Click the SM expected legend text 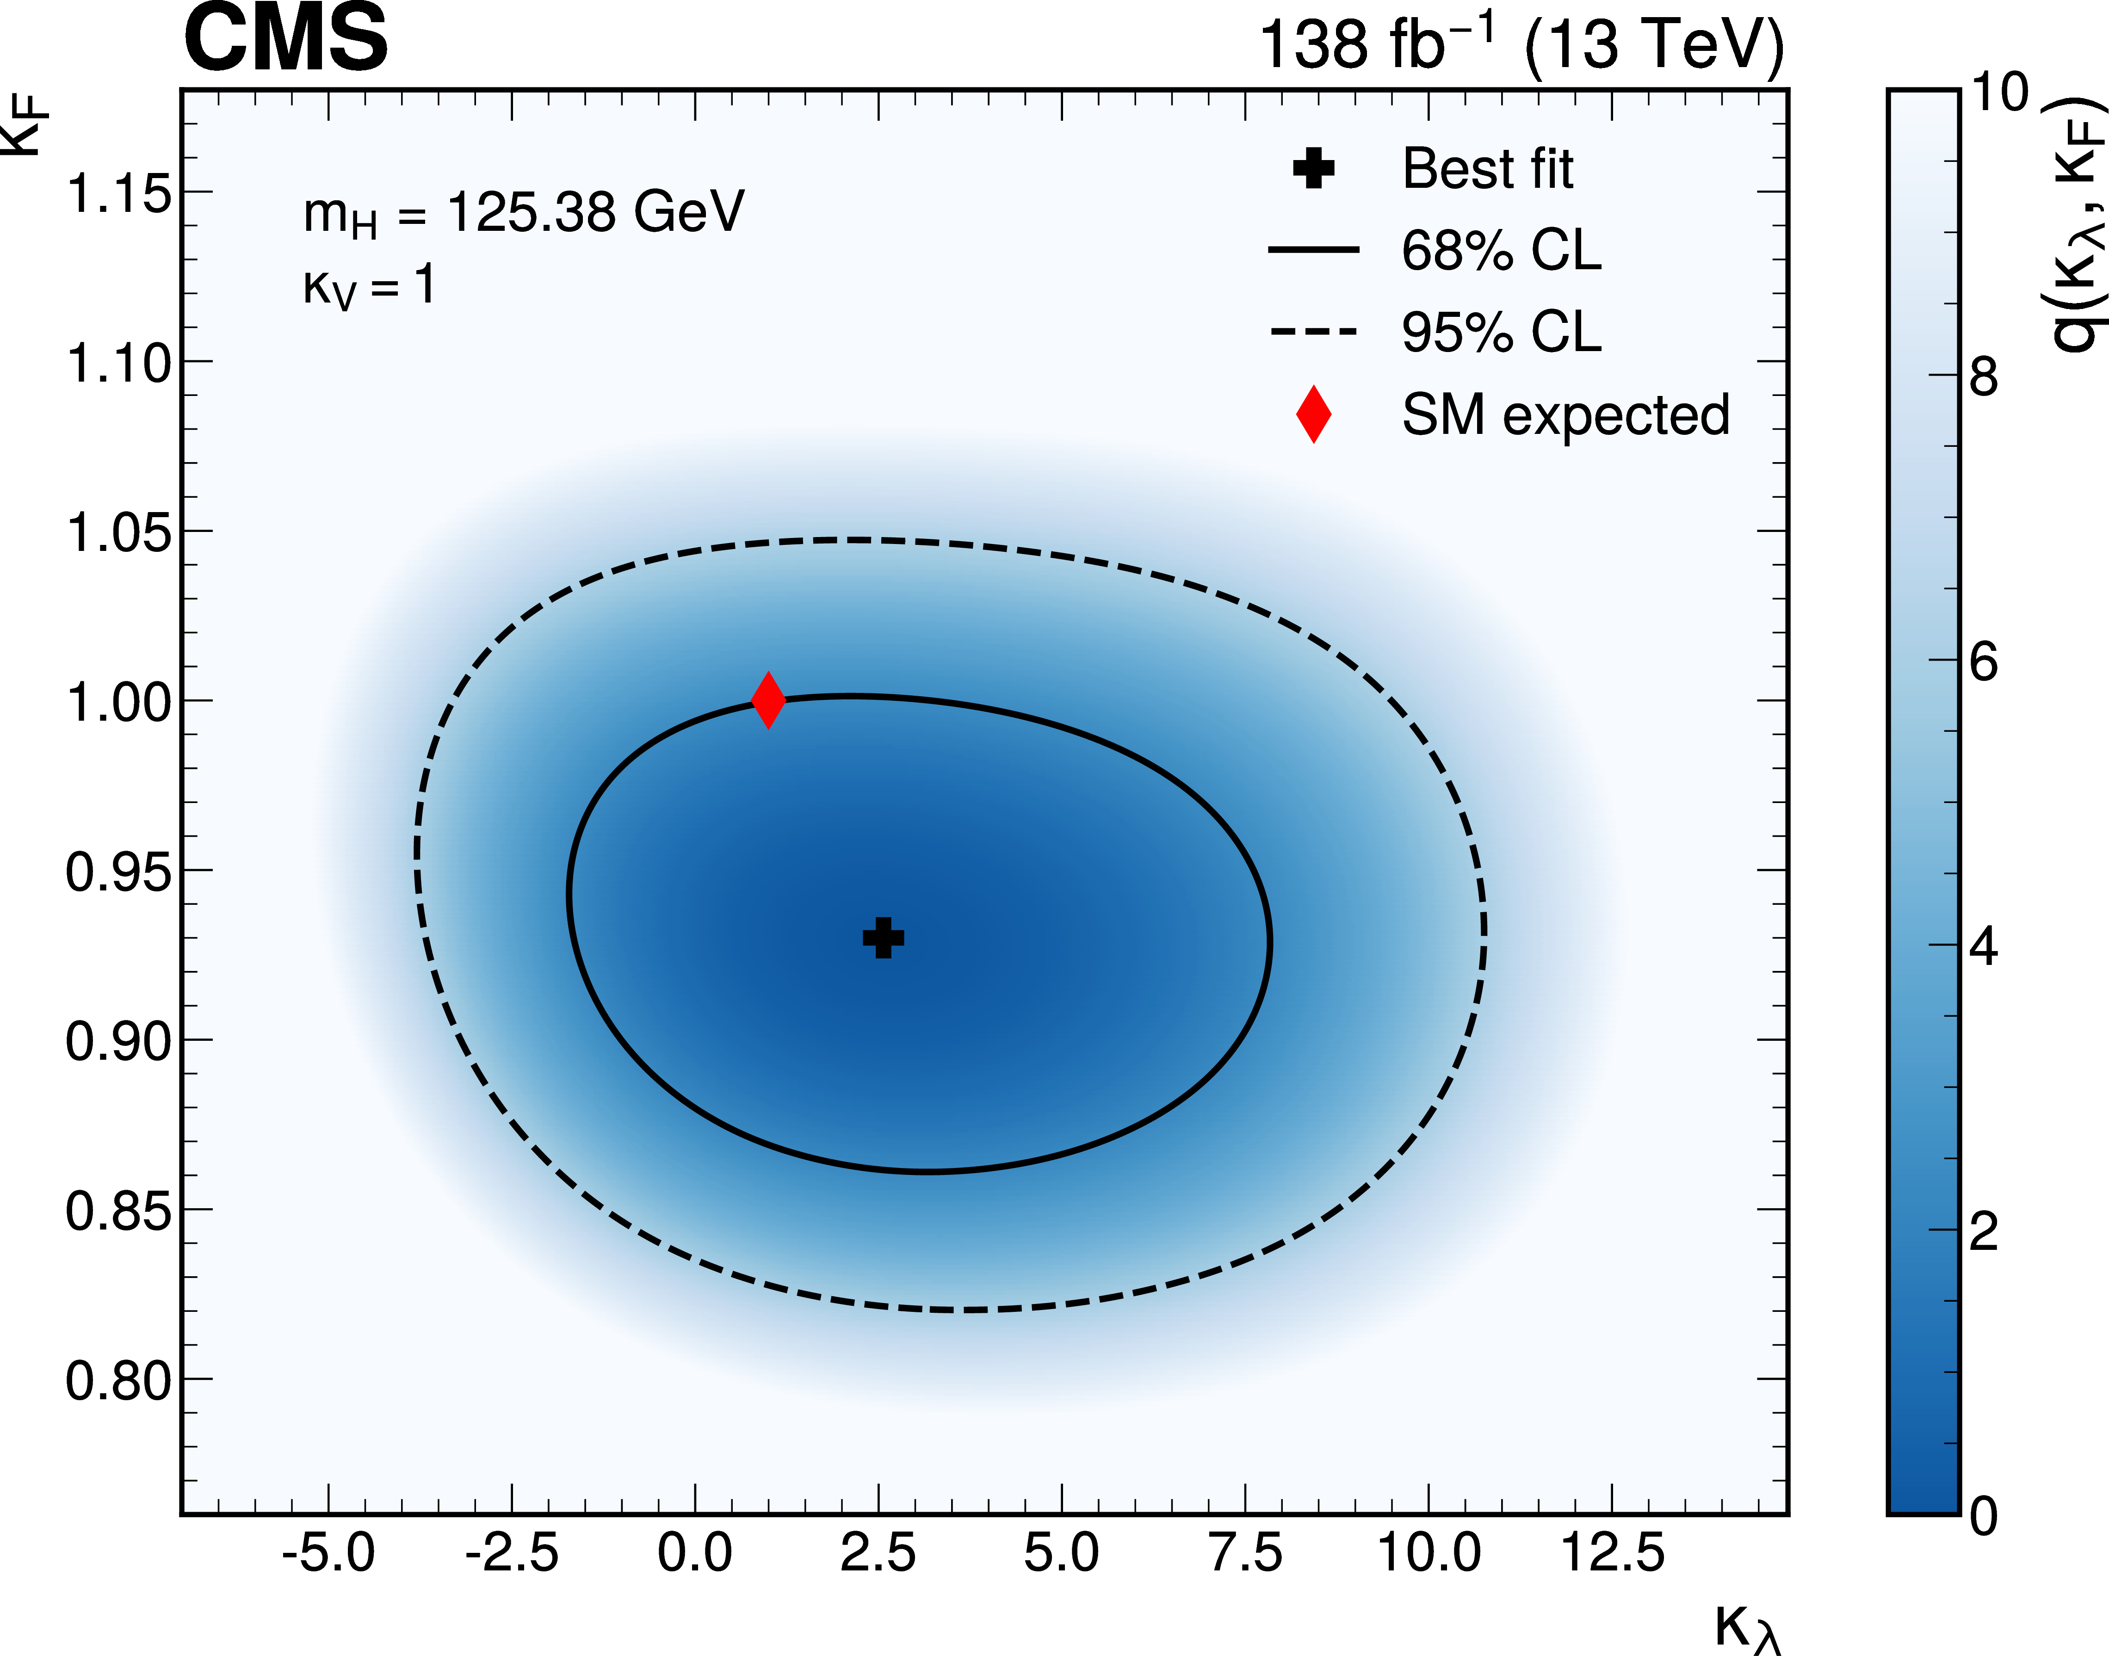1565,415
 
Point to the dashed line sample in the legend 1314,332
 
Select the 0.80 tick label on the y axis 118,1381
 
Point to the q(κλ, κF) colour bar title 2078,223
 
